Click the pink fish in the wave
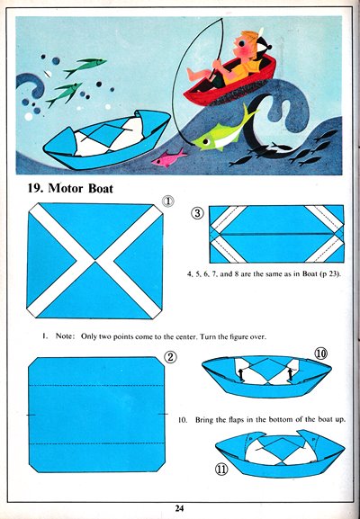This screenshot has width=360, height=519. (168, 158)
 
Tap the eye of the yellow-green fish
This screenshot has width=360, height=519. (205, 142)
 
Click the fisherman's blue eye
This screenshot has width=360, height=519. (243, 43)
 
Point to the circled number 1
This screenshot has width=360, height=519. (168, 201)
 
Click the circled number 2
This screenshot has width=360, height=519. (170, 356)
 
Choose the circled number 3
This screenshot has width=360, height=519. (198, 213)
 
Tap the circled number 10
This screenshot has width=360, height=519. (320, 353)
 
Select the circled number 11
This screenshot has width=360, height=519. (221, 469)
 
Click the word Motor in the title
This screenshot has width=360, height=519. (65, 188)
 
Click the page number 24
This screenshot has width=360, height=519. (179, 508)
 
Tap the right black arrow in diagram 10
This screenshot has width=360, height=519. (291, 373)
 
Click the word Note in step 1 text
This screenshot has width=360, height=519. (64, 336)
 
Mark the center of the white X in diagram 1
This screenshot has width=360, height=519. (95, 261)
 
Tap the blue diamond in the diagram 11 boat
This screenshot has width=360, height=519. (280, 449)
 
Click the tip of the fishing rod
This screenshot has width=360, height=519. (221, 18)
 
